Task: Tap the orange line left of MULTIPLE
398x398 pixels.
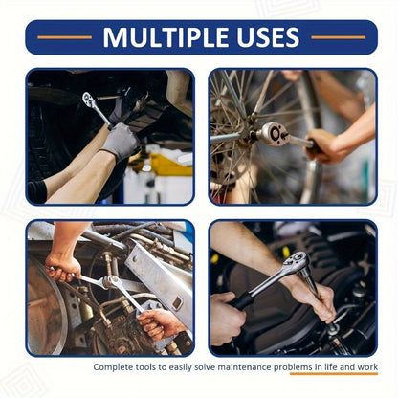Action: click(x=64, y=37)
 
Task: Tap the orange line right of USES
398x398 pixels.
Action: click(x=338, y=37)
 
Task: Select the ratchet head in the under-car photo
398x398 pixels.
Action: click(x=88, y=99)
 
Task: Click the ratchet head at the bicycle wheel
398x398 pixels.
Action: click(x=275, y=134)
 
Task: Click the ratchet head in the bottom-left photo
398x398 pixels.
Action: click(x=111, y=282)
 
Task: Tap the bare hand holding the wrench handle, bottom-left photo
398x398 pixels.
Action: click(x=63, y=268)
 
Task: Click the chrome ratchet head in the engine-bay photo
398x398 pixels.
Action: click(x=296, y=261)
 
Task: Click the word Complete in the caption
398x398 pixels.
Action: click(x=116, y=367)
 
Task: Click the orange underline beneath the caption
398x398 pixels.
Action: click(x=334, y=376)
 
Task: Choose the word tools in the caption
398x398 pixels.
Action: click(x=152, y=367)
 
